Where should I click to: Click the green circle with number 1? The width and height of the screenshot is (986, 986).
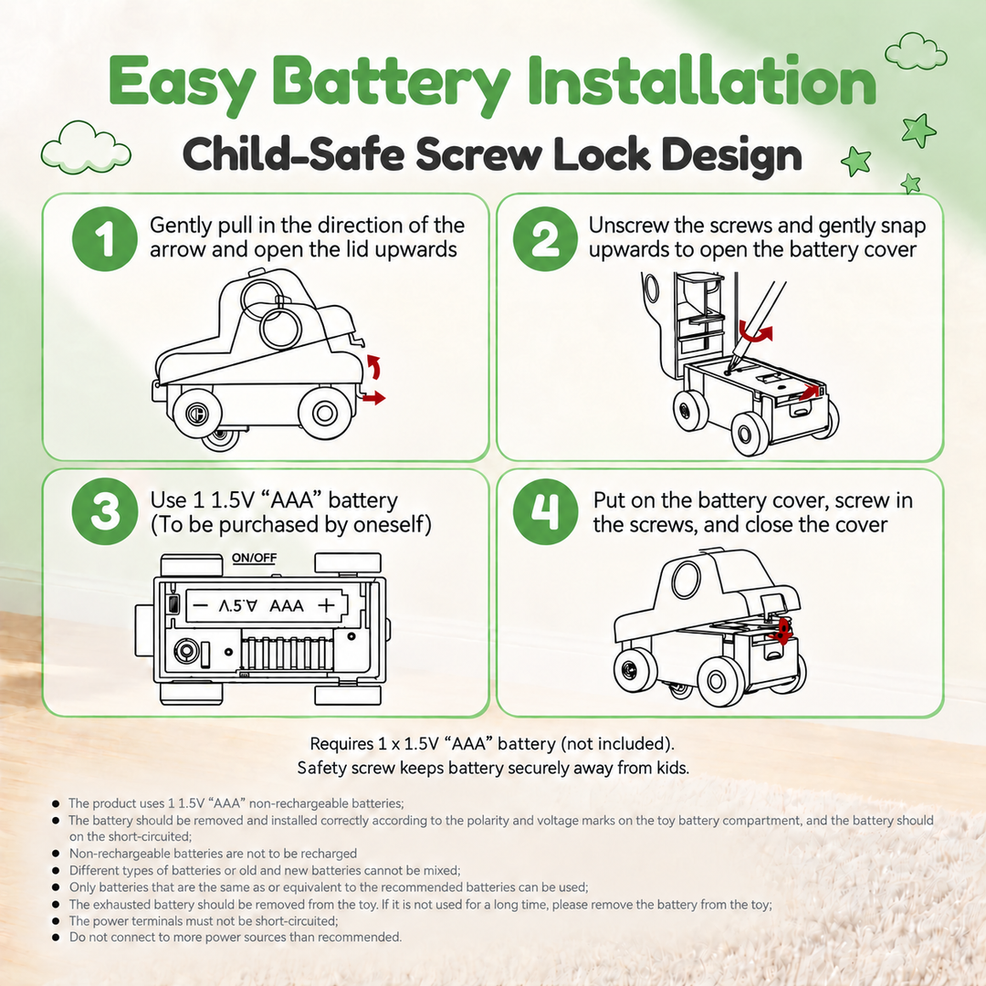pyautogui.click(x=104, y=239)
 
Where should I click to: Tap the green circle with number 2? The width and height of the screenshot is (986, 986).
pyautogui.click(x=545, y=239)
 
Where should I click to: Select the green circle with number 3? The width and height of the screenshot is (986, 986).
pyautogui.click(x=104, y=512)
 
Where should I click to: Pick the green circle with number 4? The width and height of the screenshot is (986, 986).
pyautogui.click(x=545, y=512)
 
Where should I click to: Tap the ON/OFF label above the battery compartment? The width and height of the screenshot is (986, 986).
pyautogui.click(x=254, y=558)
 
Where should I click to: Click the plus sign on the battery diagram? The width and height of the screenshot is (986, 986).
pyautogui.click(x=326, y=605)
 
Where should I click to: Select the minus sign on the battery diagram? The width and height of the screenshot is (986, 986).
pyautogui.click(x=200, y=605)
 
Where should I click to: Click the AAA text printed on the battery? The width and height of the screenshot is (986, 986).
pyautogui.click(x=286, y=605)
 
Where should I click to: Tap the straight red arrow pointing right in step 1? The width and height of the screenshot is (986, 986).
pyautogui.click(x=373, y=397)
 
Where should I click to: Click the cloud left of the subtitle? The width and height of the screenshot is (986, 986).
pyautogui.click(x=86, y=148)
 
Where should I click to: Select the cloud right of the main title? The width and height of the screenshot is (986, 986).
pyautogui.click(x=916, y=51)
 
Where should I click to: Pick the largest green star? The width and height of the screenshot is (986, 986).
pyautogui.click(x=918, y=131)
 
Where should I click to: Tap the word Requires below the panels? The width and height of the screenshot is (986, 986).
pyautogui.click(x=342, y=744)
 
